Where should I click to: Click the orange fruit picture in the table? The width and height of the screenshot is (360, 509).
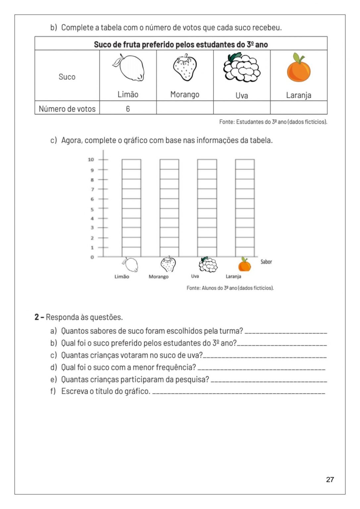pos(298,69)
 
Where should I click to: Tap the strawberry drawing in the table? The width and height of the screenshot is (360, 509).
pos(185,68)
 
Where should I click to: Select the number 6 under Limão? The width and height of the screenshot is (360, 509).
pos(128,109)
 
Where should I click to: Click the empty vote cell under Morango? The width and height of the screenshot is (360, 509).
pos(185,108)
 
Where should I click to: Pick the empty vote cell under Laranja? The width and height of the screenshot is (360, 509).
pos(298,108)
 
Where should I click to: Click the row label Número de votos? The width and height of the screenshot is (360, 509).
pos(67,109)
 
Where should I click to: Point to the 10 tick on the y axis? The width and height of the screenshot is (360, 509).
pos(91,160)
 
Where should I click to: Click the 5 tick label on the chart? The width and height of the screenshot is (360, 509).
pos(92,209)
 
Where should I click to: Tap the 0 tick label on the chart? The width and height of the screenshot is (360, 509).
pos(92,257)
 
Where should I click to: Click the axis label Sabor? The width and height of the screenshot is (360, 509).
pos(266,262)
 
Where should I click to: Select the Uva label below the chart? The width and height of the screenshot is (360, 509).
pos(195,276)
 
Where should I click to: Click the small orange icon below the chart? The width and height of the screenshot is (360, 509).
pos(244,265)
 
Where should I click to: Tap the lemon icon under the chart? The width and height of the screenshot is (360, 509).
pos(130,265)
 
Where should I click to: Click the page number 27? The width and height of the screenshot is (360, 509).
pos(330,480)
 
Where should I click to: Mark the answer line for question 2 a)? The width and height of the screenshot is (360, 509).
pos(285,332)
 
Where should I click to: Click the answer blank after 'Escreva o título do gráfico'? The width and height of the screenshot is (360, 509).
pos(238,393)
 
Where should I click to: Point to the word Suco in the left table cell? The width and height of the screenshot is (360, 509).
pos(67,77)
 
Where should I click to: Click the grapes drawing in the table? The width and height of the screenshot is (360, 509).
pos(241,68)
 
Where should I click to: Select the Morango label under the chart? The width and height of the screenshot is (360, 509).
pos(158,277)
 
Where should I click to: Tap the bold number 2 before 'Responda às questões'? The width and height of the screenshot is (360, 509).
pos(37,317)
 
